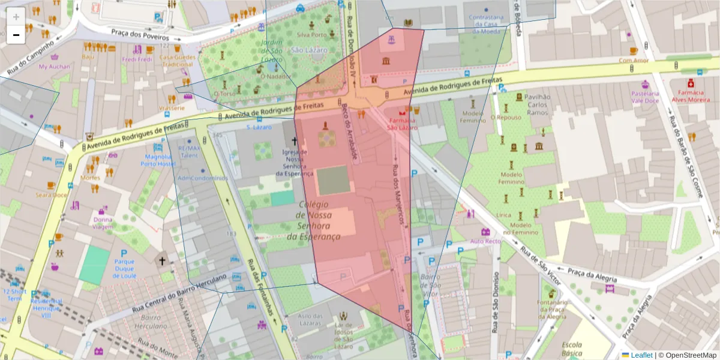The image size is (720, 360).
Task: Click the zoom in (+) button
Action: (x=16, y=17)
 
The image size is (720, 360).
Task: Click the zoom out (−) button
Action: (x=16, y=35)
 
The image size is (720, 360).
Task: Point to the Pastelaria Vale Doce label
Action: (x=646, y=97)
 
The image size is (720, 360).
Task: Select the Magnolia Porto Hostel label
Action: (x=158, y=160)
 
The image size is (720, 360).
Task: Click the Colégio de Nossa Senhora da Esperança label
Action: (x=319, y=220)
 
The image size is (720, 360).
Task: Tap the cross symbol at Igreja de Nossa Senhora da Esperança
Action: (x=294, y=142)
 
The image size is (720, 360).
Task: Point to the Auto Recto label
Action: (x=485, y=241)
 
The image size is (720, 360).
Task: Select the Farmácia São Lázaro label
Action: (x=401, y=124)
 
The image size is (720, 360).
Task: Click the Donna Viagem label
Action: (x=103, y=223)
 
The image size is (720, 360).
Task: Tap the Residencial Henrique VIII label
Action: (x=47, y=305)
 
